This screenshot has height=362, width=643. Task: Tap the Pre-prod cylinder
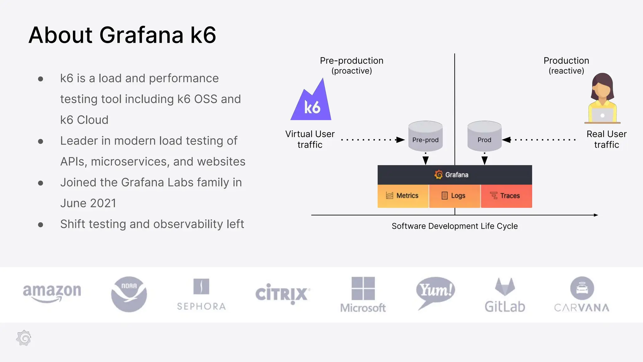coord(425,136)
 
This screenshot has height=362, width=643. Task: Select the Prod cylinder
coord(484,136)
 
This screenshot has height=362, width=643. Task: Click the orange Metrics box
coord(403,196)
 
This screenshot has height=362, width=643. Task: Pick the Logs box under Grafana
coord(454,196)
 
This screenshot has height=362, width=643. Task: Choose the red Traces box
coord(506,196)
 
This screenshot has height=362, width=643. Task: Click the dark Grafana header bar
coord(454,175)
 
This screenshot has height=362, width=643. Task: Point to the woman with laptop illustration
coord(602,99)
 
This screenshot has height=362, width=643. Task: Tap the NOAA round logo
coord(129,294)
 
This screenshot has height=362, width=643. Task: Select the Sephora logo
coord(201,295)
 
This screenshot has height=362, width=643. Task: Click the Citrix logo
coord(283,293)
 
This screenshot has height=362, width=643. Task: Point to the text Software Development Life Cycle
coord(454,226)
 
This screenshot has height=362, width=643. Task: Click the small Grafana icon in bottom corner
coord(24,338)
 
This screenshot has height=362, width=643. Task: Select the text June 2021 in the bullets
coord(88,203)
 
